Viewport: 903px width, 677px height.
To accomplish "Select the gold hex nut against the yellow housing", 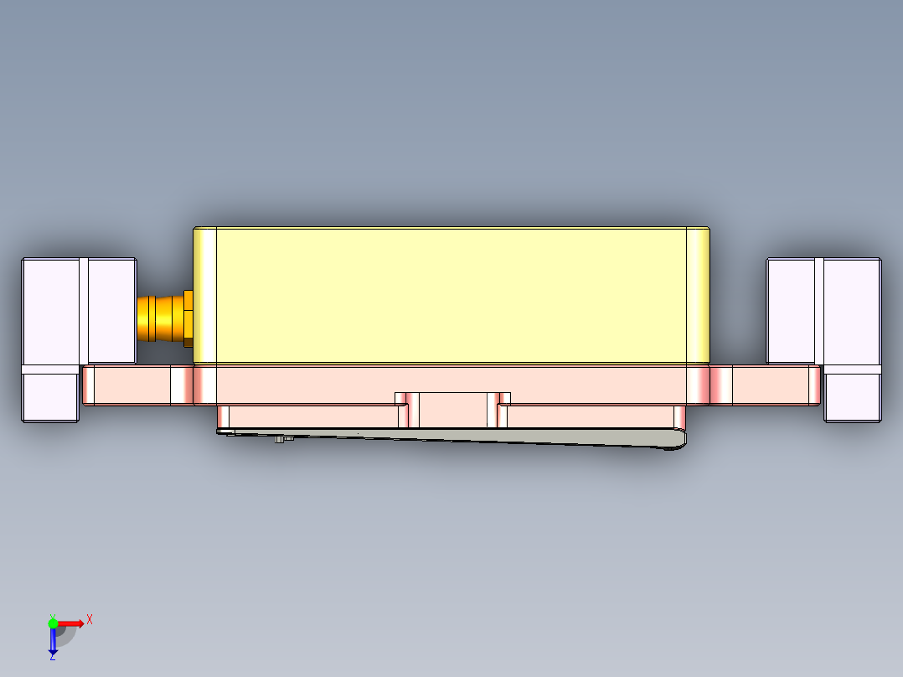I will click(x=188, y=318).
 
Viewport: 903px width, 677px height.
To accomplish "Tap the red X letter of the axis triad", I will click(x=90, y=619).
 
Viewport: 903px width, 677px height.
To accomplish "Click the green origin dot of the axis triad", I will click(x=53, y=623).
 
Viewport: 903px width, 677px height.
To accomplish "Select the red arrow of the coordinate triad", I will click(x=71, y=623).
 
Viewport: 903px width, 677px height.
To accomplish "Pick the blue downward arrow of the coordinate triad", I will click(x=53, y=641).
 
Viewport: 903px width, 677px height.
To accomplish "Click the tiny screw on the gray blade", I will click(x=279, y=438).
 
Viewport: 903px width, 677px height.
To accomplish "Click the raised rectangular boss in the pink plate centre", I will click(x=452, y=410).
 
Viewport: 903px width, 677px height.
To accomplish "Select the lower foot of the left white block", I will click(x=50, y=396).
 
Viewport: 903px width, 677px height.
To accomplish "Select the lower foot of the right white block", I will click(x=852, y=396).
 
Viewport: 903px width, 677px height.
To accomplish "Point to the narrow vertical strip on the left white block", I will click(x=83, y=310).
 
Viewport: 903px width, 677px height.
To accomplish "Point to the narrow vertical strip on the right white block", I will click(x=819, y=310).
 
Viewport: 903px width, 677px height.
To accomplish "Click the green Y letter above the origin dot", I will click(x=52, y=615).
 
